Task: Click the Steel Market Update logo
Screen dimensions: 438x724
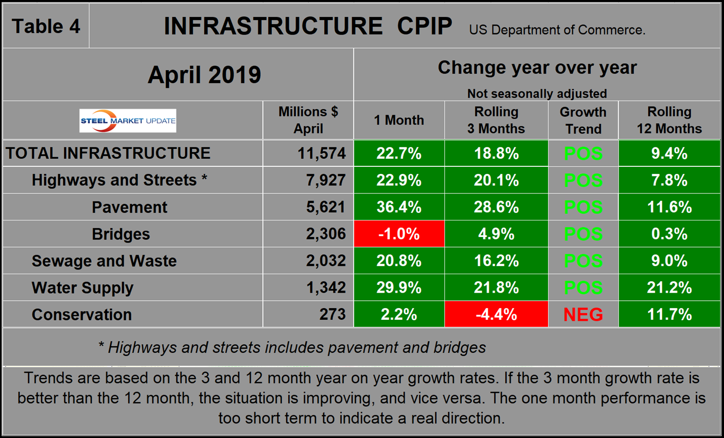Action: pyautogui.click(x=128, y=121)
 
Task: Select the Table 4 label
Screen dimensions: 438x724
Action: pyautogui.click(x=46, y=27)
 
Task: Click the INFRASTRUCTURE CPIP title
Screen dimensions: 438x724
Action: pyautogui.click(x=308, y=27)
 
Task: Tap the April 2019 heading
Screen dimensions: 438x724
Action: pyautogui.click(x=204, y=75)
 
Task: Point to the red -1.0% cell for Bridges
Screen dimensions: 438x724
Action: pyautogui.click(x=399, y=234)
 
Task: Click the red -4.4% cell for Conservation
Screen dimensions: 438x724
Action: pyautogui.click(x=496, y=315)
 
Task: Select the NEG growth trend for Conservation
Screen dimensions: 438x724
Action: pyautogui.click(x=583, y=315)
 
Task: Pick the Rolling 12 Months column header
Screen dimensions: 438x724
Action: pyautogui.click(x=669, y=120)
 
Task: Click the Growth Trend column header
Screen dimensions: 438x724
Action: pyautogui.click(x=583, y=120)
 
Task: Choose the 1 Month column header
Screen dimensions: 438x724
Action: pyautogui.click(x=399, y=120)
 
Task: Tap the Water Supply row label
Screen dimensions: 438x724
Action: pyautogui.click(x=82, y=288)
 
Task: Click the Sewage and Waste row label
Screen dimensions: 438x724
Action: pyautogui.click(x=104, y=261)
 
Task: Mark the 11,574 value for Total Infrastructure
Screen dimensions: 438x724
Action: pyautogui.click(x=321, y=153)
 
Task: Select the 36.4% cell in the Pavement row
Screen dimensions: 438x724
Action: pyautogui.click(x=399, y=207)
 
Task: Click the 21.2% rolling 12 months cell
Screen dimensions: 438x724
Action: pyautogui.click(x=669, y=288)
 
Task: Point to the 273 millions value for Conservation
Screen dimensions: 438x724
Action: pyautogui.click(x=332, y=315)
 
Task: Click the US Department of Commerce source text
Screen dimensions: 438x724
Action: pyautogui.click(x=557, y=30)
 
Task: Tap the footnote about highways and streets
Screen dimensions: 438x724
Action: pyautogui.click(x=292, y=347)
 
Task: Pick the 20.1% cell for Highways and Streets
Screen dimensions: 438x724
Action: pyautogui.click(x=496, y=180)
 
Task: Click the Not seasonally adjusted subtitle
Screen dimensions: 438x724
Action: pyautogui.click(x=536, y=94)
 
